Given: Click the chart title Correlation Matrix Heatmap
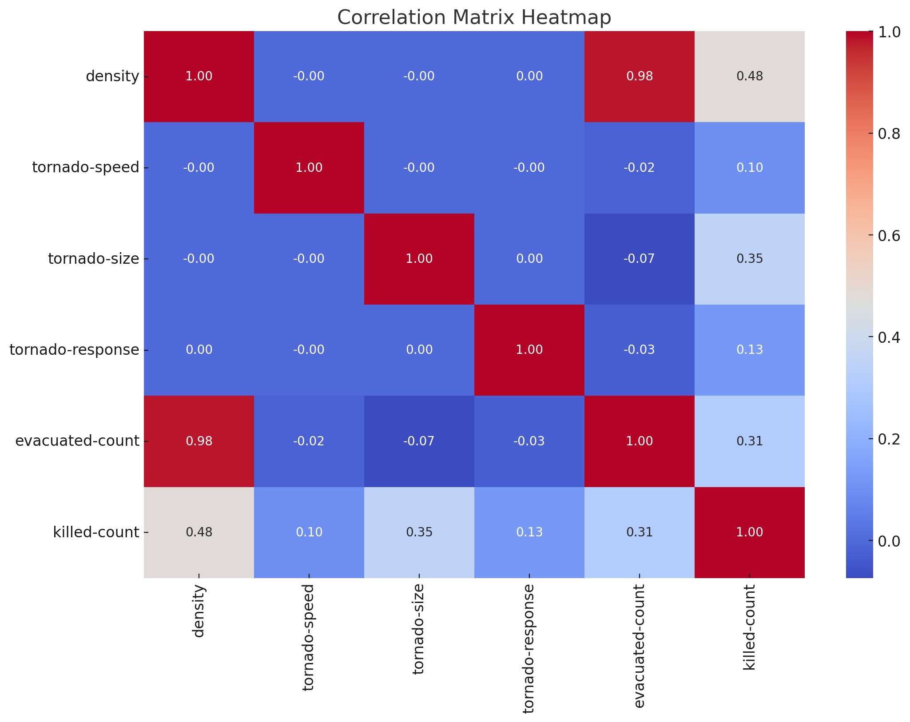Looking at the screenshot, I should [x=474, y=18].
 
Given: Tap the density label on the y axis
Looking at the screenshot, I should [x=112, y=76].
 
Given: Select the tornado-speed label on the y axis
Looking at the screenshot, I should [x=86, y=167].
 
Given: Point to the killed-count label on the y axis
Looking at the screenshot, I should [x=96, y=532].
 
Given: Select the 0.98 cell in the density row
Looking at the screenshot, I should [x=639, y=76].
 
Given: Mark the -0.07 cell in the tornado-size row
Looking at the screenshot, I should [x=639, y=259].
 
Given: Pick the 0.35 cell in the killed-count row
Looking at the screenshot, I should [x=419, y=532].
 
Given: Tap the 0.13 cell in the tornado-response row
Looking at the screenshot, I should [x=749, y=350].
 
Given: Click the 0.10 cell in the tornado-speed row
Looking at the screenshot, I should [x=749, y=167].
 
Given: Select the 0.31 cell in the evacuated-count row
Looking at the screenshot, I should [x=749, y=441].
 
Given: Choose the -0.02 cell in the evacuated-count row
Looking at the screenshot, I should [x=309, y=441].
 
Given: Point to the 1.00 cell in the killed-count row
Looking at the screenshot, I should [x=749, y=532].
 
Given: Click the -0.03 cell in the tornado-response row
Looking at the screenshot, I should [x=639, y=350].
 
